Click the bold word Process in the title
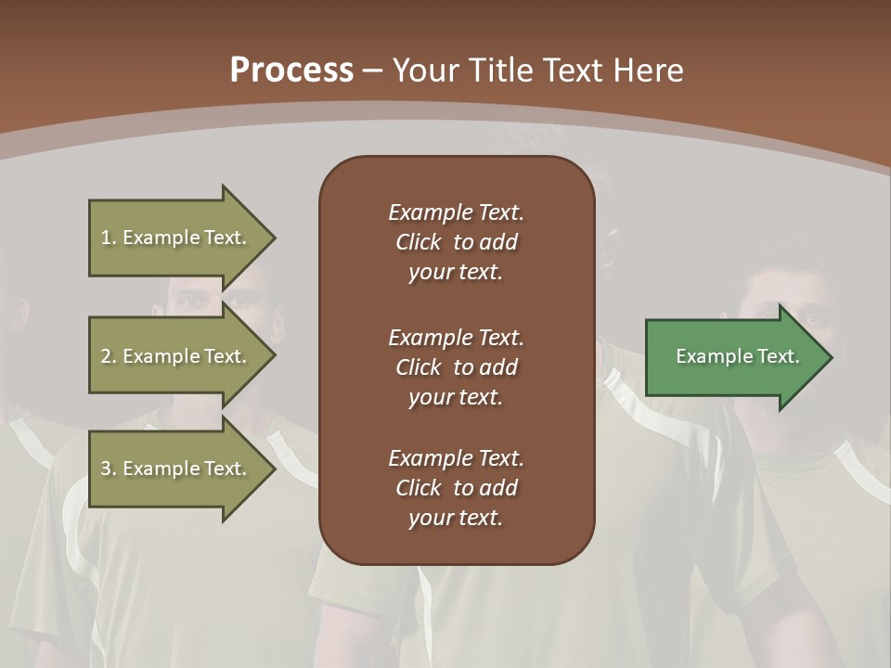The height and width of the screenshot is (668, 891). pyautogui.click(x=291, y=71)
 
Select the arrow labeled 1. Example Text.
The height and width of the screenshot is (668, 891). pyautogui.click(x=176, y=238)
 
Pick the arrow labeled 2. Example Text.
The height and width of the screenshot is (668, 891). pyautogui.click(x=176, y=356)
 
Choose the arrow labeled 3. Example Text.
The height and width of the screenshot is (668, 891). pyautogui.click(x=176, y=469)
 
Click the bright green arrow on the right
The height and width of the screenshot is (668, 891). pyautogui.click(x=733, y=356)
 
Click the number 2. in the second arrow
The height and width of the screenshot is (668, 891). pyautogui.click(x=109, y=356)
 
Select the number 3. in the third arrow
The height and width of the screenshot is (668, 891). pyautogui.click(x=109, y=469)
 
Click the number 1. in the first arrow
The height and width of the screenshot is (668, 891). pyautogui.click(x=108, y=238)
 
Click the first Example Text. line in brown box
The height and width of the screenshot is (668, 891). pyautogui.click(x=456, y=212)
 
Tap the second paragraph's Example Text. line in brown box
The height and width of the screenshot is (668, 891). pyautogui.click(x=456, y=338)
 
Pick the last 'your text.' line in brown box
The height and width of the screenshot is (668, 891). pyautogui.click(x=456, y=518)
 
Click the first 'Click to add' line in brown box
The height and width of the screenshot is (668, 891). pyautogui.click(x=456, y=242)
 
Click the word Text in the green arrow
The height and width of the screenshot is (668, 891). pyautogui.click(x=779, y=356)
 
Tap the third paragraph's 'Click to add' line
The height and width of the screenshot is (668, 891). pyautogui.click(x=456, y=488)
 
